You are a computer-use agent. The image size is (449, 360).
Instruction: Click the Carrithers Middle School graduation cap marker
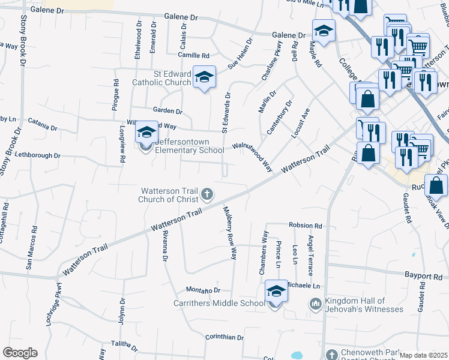click(x=276, y=292)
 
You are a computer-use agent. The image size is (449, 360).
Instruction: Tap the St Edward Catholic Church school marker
click(x=204, y=77)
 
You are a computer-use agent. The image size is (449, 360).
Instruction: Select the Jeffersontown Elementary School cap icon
click(x=146, y=133)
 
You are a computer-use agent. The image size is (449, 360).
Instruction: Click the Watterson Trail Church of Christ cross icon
click(x=207, y=193)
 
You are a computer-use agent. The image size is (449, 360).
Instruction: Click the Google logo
click(x=20, y=353)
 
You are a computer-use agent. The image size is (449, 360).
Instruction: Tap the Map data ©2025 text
click(x=424, y=355)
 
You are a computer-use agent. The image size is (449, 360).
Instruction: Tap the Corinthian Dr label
click(x=224, y=338)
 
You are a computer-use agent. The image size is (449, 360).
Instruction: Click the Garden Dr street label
click(x=167, y=110)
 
